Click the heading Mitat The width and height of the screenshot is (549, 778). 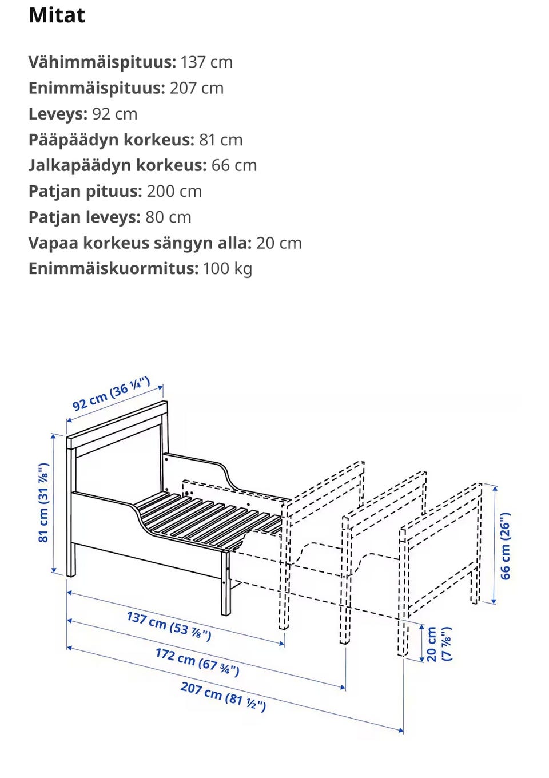[x=57, y=15]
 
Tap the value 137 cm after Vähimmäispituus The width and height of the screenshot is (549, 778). [x=206, y=62]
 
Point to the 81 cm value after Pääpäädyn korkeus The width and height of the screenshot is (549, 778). [x=221, y=140]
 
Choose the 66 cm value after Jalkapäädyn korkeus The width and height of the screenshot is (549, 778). [x=234, y=165]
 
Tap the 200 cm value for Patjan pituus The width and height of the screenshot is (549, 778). [x=174, y=191]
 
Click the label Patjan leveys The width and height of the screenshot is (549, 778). [x=84, y=217]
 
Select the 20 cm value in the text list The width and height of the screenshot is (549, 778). [x=279, y=243]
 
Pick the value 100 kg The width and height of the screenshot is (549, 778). [x=227, y=268]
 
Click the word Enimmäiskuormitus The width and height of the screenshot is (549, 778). [x=113, y=268]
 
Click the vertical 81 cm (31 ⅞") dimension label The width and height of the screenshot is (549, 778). [x=43, y=503]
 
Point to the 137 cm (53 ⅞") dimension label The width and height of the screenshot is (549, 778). [x=169, y=626]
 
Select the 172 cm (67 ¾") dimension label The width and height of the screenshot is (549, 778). [x=197, y=661]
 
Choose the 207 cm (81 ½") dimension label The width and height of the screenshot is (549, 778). [x=223, y=696]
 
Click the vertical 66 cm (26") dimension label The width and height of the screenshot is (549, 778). [x=506, y=546]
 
